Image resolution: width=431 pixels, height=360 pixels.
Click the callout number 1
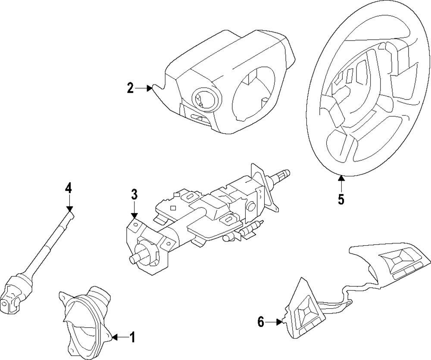132,337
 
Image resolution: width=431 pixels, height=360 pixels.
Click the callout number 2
130,88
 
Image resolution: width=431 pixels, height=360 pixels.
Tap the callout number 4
69,188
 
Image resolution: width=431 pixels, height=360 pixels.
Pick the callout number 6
260,322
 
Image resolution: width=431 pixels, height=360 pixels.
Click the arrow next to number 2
144,88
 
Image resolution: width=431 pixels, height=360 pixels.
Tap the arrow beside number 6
274,322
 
